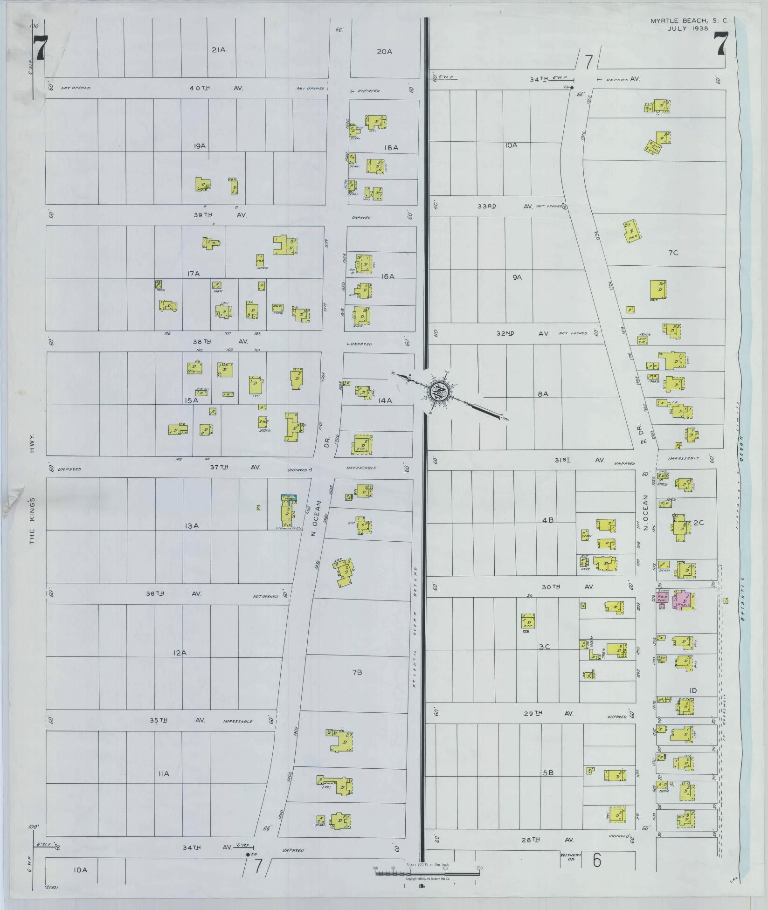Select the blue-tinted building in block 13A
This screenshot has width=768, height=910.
(x=289, y=497)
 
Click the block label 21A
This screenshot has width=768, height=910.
(x=218, y=49)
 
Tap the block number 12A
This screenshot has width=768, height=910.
(x=180, y=653)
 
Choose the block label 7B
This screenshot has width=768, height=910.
(x=357, y=672)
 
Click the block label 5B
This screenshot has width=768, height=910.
(x=548, y=772)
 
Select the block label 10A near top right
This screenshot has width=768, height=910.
(x=511, y=145)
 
